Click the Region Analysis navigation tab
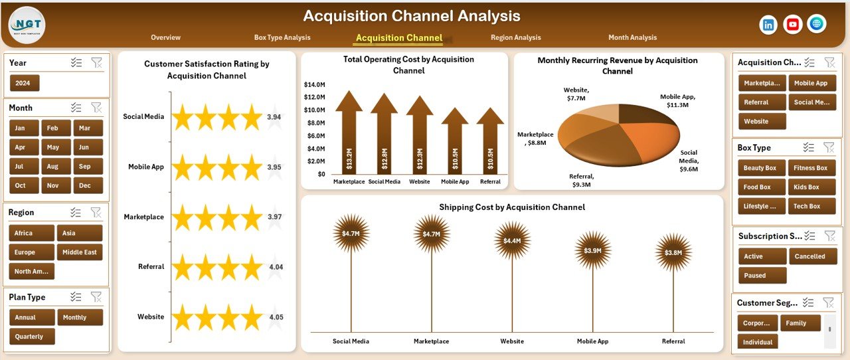point(515,38)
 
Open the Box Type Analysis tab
point(282,38)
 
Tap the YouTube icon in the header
point(792,25)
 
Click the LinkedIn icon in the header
point(768,25)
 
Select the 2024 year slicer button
point(25,83)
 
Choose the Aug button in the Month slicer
point(53,167)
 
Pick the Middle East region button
point(80,252)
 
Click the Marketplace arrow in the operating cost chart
point(349,136)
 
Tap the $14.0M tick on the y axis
point(314,85)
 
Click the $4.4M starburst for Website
point(512,240)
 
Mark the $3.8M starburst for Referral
point(673,252)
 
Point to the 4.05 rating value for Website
point(276,317)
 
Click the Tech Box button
point(807,207)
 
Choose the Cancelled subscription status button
point(809,256)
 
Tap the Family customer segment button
point(796,323)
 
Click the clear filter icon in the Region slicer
point(96,213)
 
